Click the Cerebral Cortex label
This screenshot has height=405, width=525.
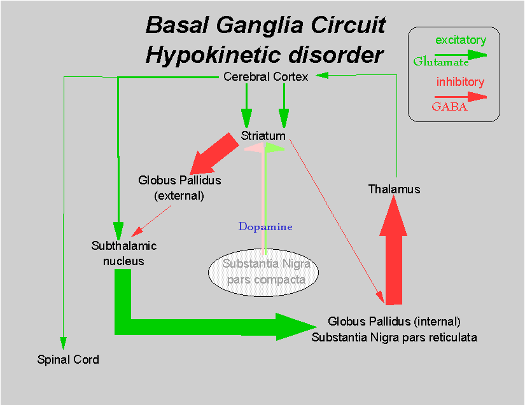(266, 77)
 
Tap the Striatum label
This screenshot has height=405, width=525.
(263, 136)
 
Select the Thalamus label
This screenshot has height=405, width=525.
(394, 189)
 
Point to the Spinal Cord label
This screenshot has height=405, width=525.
(68, 360)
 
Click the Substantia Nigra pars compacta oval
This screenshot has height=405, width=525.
(263, 271)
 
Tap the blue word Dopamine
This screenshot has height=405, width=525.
(265, 227)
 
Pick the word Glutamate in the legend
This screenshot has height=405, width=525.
(440, 62)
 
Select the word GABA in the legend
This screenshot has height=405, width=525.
(449, 107)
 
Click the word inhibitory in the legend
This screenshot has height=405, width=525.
(460, 82)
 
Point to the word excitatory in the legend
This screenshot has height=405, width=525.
(460, 41)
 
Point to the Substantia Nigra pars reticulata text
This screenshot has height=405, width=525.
(394, 338)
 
